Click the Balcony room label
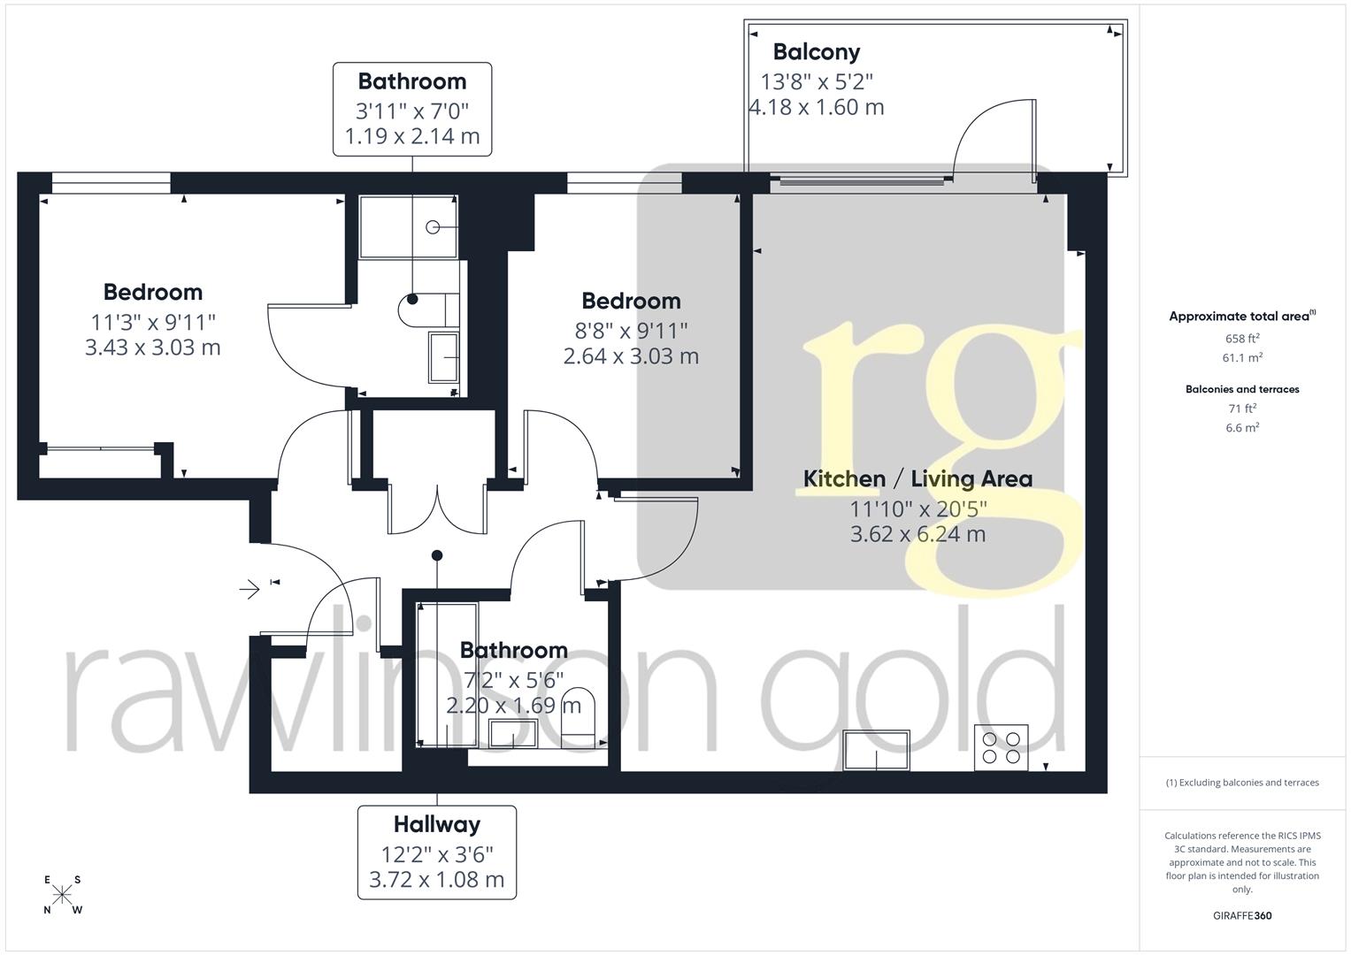tap(816, 52)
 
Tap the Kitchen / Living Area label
tap(917, 479)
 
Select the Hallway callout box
tap(436, 852)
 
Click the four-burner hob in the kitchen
tap(1002, 747)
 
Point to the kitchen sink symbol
tap(877, 750)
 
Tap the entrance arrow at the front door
tap(250, 588)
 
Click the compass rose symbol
tap(63, 895)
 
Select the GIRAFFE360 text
tap(1242, 915)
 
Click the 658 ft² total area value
tap(1242, 338)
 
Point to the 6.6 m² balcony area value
tap(1242, 427)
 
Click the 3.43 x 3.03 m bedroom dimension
tap(152, 348)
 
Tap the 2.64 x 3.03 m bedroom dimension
tap(631, 356)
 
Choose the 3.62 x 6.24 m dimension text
tap(917, 534)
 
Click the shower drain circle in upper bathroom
tap(433, 227)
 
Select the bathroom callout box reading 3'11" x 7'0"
tap(412, 110)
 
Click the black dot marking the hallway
tap(436, 555)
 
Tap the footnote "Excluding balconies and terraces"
tap(1242, 783)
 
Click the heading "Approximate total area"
tap(1240, 317)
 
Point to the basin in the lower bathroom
tap(514, 734)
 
